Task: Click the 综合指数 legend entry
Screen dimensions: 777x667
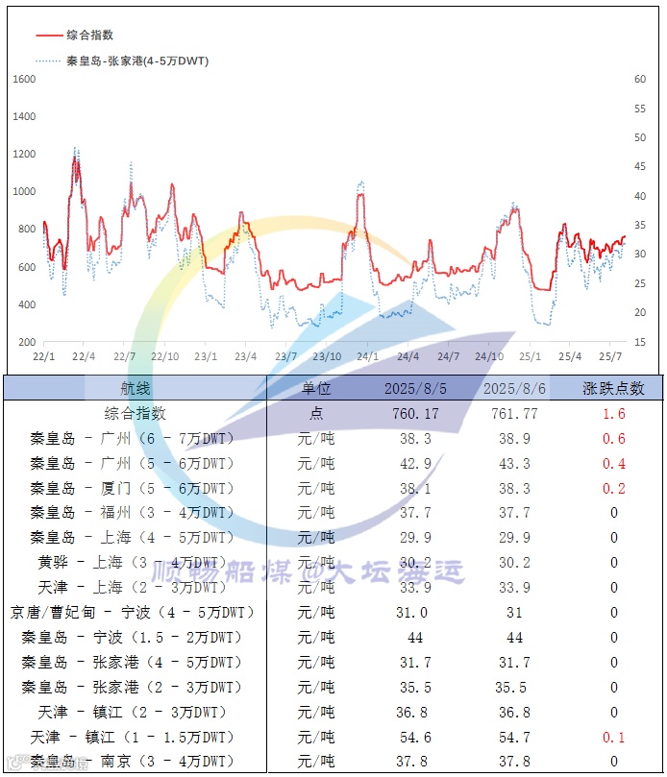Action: tap(89, 35)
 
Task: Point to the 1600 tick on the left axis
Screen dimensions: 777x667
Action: tap(24, 79)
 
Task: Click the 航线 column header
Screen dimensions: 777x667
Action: tap(135, 388)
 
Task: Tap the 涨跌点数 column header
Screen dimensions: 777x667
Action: tap(614, 388)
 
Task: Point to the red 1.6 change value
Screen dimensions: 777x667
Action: tap(614, 414)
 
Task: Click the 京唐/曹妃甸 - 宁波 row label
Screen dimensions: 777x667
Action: tap(133, 612)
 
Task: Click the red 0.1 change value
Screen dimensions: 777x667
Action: tap(614, 737)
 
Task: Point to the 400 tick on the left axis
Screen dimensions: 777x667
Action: tap(24, 304)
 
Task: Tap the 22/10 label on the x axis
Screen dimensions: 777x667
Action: tap(164, 356)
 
